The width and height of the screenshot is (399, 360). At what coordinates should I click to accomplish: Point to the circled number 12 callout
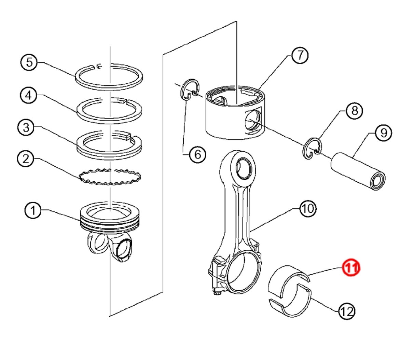tap(346, 311)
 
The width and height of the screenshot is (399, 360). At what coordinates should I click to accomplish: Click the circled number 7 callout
tap(300, 56)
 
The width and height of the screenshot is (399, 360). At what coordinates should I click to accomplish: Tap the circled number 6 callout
tap(197, 154)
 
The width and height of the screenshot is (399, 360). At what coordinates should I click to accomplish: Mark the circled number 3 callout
tap(26, 128)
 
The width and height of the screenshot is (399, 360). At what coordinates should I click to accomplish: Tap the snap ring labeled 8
tap(312, 148)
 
